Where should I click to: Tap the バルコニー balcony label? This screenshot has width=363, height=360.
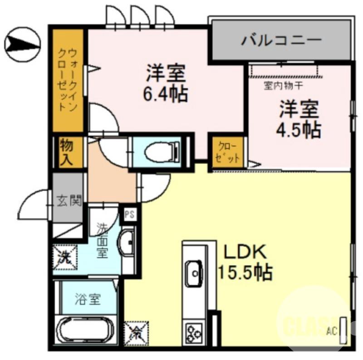281,41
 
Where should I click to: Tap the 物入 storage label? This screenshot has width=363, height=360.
67,153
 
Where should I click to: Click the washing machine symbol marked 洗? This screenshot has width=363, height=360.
64,257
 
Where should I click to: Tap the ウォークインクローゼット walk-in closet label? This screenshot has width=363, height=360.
68,80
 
